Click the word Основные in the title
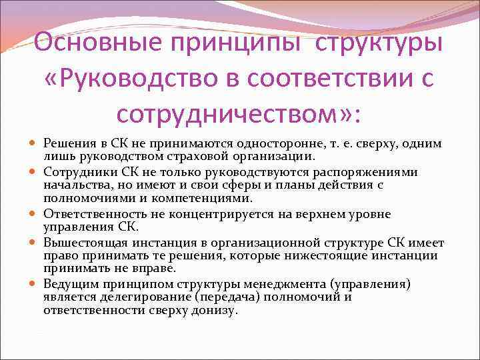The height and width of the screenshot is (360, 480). (x=99, y=44)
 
